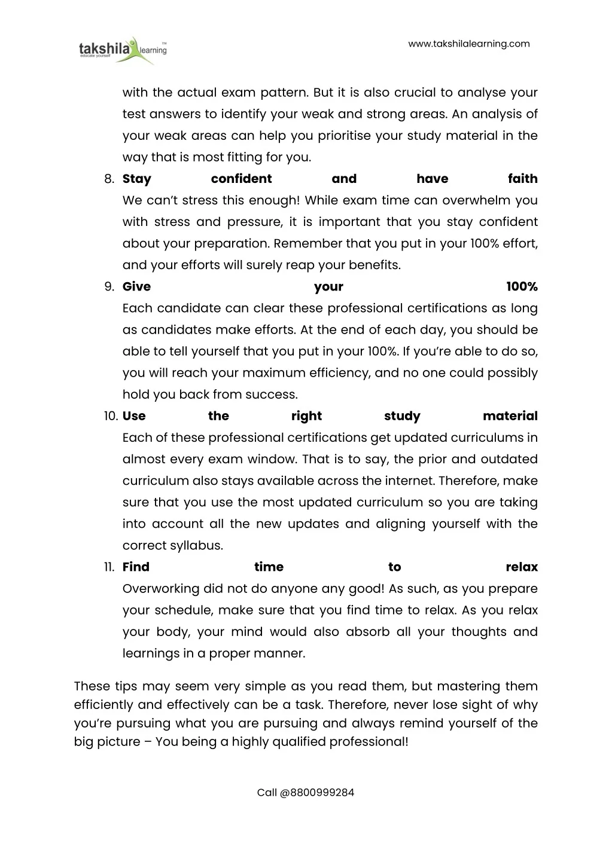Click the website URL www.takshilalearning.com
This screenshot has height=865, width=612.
[468, 44]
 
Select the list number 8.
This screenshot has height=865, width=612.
[109, 179]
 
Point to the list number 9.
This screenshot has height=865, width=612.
[109, 286]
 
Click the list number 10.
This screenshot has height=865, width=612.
[111, 416]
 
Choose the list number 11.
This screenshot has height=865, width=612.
[109, 567]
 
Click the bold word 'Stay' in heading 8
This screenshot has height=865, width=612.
[137, 179]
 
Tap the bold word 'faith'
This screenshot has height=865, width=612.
[522, 179]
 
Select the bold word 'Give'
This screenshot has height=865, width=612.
[136, 286]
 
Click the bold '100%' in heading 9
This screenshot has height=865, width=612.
[522, 286]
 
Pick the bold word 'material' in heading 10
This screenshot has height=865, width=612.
[510, 416]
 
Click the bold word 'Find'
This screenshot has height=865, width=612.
[136, 567]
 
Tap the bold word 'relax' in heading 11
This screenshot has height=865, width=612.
[522, 567]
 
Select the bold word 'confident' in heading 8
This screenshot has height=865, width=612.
[241, 179]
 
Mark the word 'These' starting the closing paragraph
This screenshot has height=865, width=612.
[92, 686]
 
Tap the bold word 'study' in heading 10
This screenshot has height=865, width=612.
[402, 416]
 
